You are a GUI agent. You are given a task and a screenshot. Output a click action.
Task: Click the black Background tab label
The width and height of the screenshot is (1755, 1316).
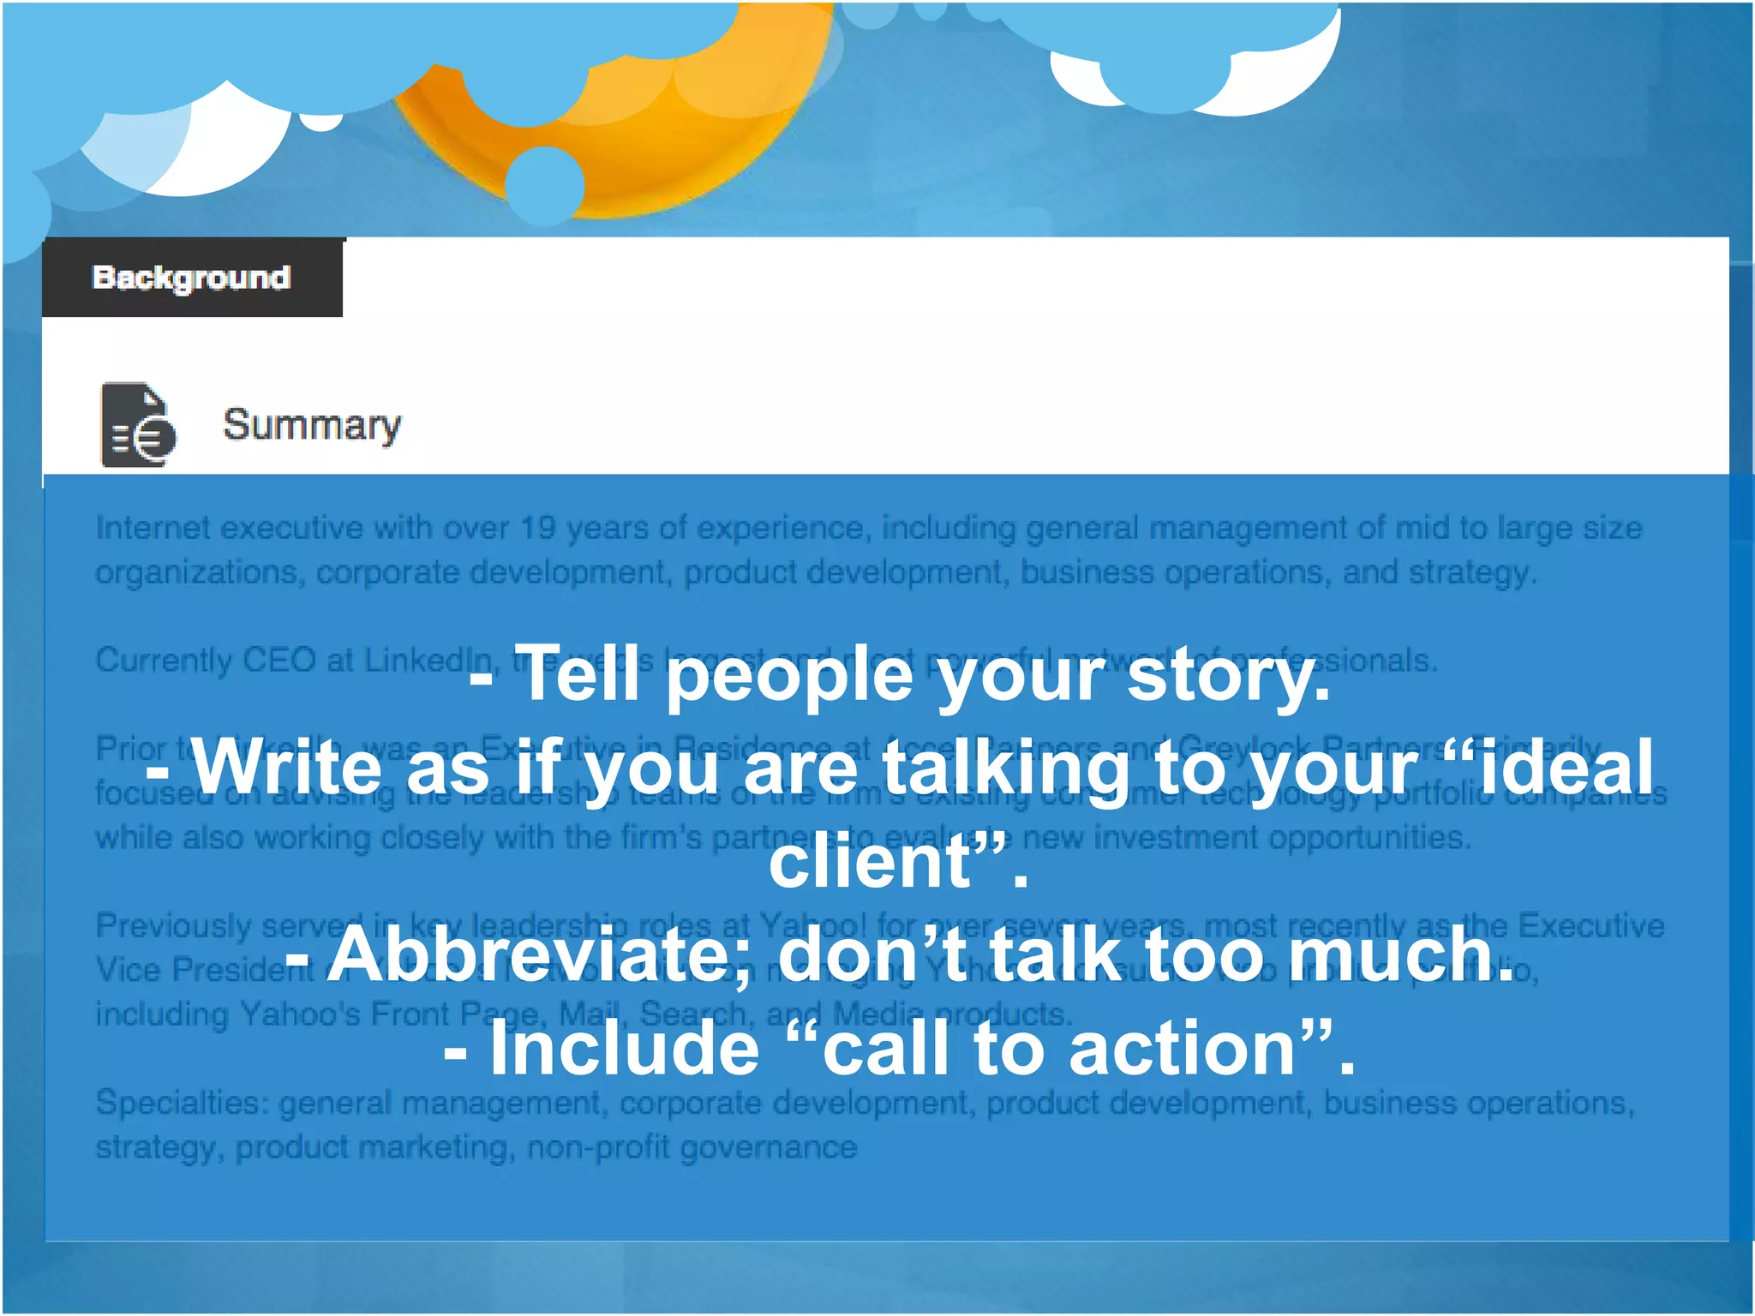[x=192, y=278]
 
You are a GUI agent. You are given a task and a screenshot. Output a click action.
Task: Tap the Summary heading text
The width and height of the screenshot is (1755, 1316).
[x=312, y=425]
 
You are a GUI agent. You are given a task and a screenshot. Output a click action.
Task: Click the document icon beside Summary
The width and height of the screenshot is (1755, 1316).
[x=137, y=425]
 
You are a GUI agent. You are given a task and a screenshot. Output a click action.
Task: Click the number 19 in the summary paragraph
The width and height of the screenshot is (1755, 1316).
[x=538, y=528]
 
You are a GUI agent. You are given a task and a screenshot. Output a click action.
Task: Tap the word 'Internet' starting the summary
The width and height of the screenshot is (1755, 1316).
[x=153, y=528]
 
